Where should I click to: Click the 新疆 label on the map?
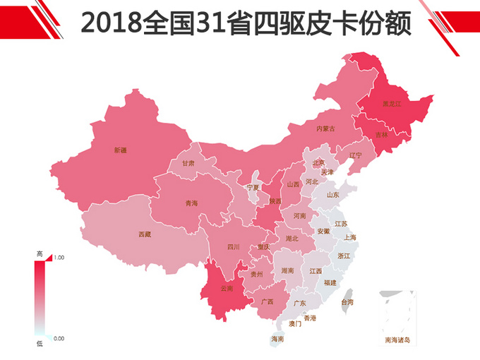click(x=120, y=150)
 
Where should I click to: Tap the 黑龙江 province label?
click(x=392, y=104)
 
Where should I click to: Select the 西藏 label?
click(x=144, y=234)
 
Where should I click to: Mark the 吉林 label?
click(x=381, y=135)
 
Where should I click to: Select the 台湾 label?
click(x=347, y=301)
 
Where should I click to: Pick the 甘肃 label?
click(x=188, y=162)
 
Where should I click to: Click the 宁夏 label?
click(x=253, y=188)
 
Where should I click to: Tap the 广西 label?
click(x=267, y=301)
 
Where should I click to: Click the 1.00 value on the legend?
click(x=59, y=258)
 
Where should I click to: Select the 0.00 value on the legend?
click(x=59, y=339)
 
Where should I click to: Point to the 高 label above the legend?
click(x=40, y=253)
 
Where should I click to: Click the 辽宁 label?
click(x=355, y=155)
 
